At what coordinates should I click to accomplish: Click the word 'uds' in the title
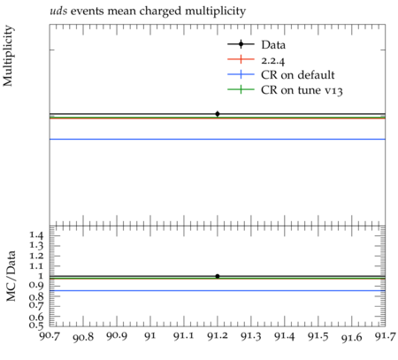(x=58, y=11)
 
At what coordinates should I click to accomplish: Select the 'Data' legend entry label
(x=273, y=45)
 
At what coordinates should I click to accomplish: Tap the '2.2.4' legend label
(x=273, y=61)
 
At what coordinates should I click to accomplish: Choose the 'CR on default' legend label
(x=298, y=75)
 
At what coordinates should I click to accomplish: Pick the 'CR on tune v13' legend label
(x=302, y=90)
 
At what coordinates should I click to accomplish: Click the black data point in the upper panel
(x=218, y=114)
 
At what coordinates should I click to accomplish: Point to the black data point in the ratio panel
(x=218, y=276)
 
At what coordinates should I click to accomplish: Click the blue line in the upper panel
(x=218, y=139)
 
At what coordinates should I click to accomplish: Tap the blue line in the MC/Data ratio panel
(x=218, y=291)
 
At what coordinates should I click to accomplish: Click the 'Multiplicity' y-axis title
(x=8, y=56)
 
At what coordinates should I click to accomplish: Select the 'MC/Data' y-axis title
(x=11, y=276)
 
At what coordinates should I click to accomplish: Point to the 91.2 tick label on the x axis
(x=218, y=336)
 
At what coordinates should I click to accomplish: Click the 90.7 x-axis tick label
(x=50, y=336)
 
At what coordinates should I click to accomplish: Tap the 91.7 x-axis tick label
(x=385, y=336)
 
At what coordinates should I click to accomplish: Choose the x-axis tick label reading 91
(x=150, y=336)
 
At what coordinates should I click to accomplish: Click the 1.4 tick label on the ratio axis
(x=36, y=235)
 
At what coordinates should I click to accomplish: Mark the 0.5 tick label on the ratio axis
(x=36, y=325)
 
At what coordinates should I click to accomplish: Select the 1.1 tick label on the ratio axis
(x=36, y=266)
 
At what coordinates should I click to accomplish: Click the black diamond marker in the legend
(x=241, y=44)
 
